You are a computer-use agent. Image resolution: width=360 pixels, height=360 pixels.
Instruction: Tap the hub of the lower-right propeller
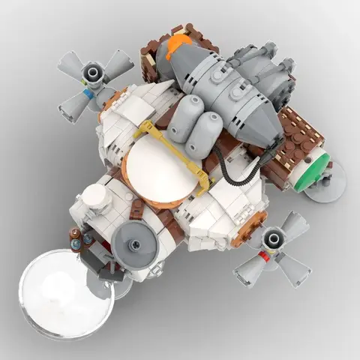271,241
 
